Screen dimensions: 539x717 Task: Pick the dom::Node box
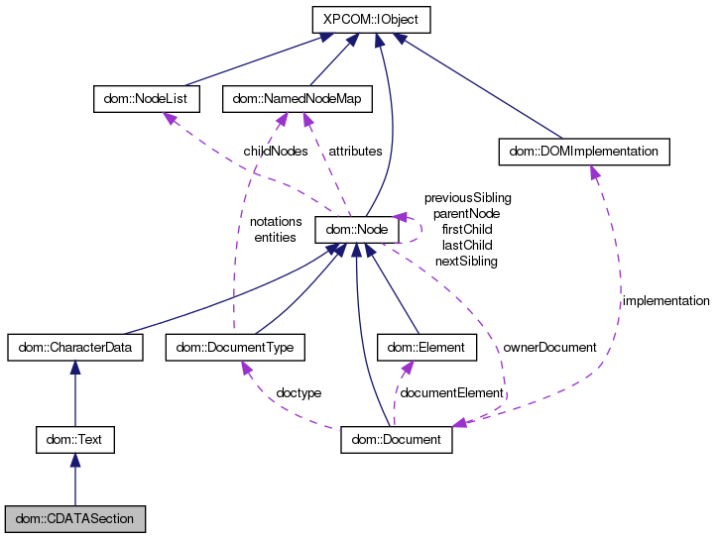356,230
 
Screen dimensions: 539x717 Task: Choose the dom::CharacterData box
74,348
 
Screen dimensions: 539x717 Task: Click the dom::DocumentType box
235,348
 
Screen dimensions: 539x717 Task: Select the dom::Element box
427,348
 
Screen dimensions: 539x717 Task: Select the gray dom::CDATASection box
74,518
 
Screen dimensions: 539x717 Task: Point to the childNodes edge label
275,152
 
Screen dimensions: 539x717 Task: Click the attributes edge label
354,152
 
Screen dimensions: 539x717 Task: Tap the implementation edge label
665,300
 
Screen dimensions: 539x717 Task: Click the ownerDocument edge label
549,348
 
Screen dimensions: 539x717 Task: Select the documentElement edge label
450,393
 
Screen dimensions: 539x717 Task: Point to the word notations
276,222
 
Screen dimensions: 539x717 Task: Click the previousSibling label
467,198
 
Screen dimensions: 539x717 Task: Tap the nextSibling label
466,262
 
